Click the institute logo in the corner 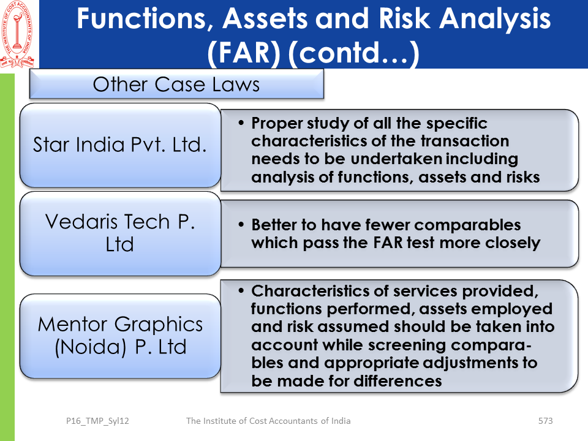18,34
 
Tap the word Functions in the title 142,19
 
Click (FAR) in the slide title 244,53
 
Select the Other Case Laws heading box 176,84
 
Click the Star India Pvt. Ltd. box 120,146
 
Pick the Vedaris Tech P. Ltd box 120,233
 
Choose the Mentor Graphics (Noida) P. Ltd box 120,336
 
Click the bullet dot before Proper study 241,123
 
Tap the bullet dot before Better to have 241,225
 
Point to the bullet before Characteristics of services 241,290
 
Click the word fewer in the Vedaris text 387,225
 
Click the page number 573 545,421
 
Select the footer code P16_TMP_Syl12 97,421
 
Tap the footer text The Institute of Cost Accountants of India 268,421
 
